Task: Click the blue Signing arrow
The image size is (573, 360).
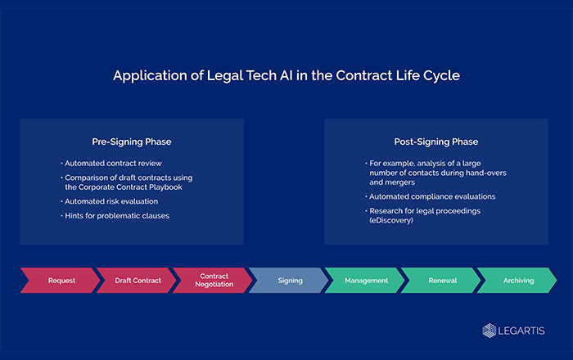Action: [x=290, y=281]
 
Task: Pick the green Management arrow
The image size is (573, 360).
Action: [x=366, y=281]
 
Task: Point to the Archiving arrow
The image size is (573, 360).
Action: [x=518, y=281]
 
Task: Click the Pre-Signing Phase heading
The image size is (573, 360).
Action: [x=132, y=142]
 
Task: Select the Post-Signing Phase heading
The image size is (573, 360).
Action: [x=436, y=142]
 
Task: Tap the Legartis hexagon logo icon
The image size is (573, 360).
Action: [x=490, y=331]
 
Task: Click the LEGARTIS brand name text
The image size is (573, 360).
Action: [x=521, y=331]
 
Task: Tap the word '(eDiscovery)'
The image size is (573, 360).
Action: [x=391, y=221]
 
